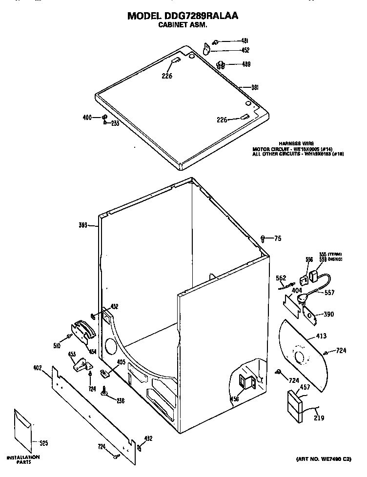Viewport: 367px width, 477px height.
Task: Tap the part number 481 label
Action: (245, 41)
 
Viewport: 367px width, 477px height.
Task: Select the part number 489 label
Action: (246, 64)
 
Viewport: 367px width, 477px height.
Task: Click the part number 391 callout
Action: (254, 87)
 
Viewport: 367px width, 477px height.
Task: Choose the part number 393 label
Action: (83, 225)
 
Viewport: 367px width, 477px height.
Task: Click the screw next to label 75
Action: (264, 238)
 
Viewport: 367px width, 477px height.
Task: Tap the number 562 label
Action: (281, 278)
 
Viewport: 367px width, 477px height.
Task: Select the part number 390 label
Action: (328, 315)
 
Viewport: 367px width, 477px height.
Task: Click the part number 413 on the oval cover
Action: (321, 336)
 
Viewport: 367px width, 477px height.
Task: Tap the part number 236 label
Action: (120, 400)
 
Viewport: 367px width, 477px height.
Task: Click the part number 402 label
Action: (38, 368)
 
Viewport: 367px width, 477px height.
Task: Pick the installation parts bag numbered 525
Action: (24, 429)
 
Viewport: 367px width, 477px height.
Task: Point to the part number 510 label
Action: (57, 345)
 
